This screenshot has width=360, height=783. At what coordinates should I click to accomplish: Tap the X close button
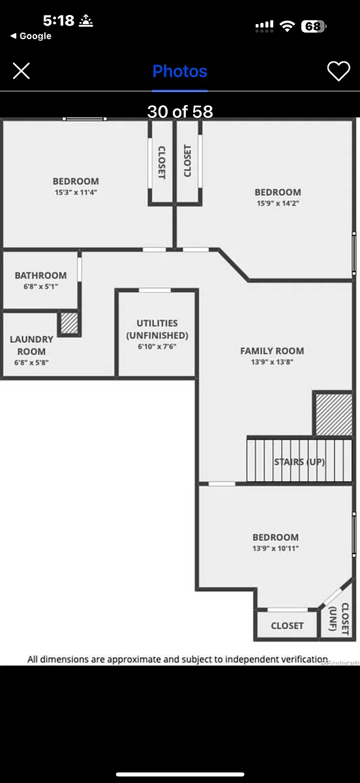pos(22,71)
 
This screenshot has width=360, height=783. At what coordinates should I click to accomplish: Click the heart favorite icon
pos(338,71)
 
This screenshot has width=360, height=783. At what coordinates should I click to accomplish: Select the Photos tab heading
pos(179,71)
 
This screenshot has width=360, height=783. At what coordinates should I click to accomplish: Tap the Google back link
pos(31,36)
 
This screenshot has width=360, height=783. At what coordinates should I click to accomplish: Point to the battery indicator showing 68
pos(313,26)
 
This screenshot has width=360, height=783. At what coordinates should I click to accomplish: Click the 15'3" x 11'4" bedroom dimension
pos(76,192)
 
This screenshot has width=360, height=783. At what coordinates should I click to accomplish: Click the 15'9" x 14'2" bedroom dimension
pos(278,203)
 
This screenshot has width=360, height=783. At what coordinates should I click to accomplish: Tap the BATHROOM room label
pos(40,275)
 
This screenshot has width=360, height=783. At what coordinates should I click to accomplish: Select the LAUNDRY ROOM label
pos(31,345)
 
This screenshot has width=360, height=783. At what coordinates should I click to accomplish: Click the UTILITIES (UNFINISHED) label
pos(157,330)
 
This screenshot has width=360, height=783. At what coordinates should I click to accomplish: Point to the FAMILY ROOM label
pos(272,351)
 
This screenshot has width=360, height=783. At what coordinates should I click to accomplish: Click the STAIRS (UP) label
pos(299,462)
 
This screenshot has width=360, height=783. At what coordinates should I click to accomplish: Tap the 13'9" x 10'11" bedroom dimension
pos(275,548)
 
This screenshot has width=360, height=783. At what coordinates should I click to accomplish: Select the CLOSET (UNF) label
pos(339,619)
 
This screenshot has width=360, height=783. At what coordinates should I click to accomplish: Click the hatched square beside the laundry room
pos(69,324)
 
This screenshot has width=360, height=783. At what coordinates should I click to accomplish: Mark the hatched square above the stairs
pos(334,414)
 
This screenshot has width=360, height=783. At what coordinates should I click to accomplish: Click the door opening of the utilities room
pos(155,290)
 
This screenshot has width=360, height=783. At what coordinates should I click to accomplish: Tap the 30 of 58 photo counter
pos(180,112)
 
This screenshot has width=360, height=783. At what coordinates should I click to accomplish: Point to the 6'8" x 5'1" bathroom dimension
pos(40,286)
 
